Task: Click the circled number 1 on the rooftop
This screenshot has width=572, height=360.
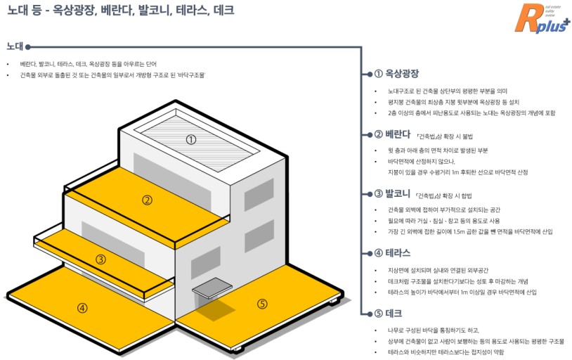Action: click(190, 139)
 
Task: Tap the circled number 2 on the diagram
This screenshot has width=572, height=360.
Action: click(147, 200)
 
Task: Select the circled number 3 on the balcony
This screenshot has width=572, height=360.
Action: click(100, 259)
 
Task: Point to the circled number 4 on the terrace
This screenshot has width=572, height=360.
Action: click(82, 307)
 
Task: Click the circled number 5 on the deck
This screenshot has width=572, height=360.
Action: click(262, 304)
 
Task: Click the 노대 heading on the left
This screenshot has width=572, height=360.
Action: click(15, 46)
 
